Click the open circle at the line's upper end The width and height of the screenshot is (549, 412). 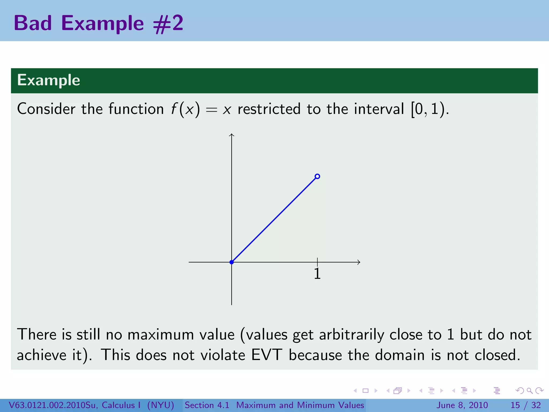[x=317, y=176]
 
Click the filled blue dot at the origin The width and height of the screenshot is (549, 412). [x=232, y=262]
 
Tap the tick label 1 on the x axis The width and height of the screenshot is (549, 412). [x=317, y=274]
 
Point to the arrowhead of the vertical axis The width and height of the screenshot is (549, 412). [x=232, y=135]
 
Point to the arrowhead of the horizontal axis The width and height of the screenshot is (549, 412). [x=359, y=262]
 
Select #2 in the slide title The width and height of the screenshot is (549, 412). [x=168, y=24]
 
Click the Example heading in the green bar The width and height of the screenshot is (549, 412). [x=49, y=80]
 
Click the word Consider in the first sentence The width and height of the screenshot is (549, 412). [x=46, y=109]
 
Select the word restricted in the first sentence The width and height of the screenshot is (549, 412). [x=269, y=109]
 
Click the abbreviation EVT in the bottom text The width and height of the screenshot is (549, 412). [x=267, y=355]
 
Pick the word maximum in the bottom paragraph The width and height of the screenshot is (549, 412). [x=161, y=334]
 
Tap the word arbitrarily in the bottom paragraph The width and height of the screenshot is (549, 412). [x=351, y=334]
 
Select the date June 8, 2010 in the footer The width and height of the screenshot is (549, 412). [x=462, y=405]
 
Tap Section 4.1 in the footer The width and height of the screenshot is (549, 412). [x=207, y=405]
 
